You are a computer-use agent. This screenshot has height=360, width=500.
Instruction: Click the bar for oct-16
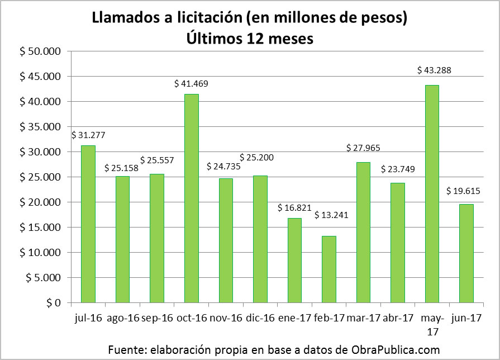click(191, 198)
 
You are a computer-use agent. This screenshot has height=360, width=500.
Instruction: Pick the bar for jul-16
click(88, 224)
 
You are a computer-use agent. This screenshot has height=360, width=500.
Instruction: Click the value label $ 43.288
click(434, 70)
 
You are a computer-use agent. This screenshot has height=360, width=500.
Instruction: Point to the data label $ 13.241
click(331, 215)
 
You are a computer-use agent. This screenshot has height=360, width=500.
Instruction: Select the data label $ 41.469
click(191, 84)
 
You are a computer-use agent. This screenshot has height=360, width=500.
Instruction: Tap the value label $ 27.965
click(364, 148)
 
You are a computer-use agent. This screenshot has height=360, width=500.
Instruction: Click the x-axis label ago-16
click(122, 319)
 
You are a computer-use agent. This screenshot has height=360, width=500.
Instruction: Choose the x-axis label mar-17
click(363, 319)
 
